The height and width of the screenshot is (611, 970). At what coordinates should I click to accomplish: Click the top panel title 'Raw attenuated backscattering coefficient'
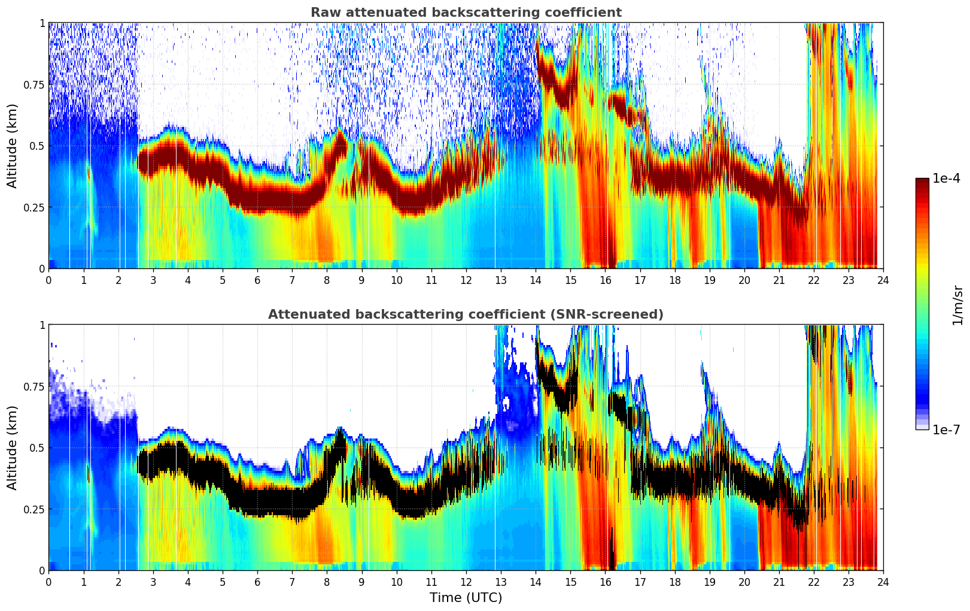(x=466, y=13)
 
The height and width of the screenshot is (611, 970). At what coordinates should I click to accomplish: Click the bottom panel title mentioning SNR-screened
(x=466, y=314)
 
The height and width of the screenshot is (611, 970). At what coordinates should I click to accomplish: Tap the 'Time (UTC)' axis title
(x=466, y=598)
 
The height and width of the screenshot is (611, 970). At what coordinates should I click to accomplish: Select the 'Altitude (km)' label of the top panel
(x=13, y=146)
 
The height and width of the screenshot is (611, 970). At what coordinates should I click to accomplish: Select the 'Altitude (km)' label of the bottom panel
(x=13, y=447)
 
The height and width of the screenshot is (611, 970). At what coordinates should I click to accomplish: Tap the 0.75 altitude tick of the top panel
(x=34, y=84)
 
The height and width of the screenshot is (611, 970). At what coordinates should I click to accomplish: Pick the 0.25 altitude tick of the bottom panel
(x=34, y=509)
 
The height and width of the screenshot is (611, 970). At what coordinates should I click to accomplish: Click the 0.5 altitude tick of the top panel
(x=37, y=146)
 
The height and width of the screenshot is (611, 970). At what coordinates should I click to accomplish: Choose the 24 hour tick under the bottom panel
(x=883, y=582)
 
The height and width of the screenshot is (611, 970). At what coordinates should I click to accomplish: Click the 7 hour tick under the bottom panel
(x=292, y=582)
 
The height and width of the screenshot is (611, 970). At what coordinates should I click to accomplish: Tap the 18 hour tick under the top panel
(x=675, y=280)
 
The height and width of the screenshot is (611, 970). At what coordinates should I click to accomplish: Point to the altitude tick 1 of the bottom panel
(x=42, y=325)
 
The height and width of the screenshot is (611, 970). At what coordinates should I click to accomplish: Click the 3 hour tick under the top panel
(x=153, y=280)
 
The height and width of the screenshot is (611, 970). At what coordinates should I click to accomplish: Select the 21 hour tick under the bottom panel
(x=779, y=582)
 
